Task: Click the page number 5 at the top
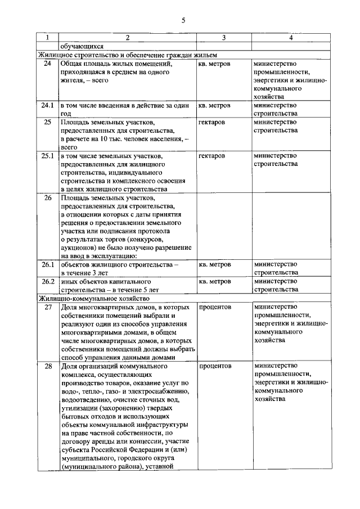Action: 183,21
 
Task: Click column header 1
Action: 48,38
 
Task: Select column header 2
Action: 127,38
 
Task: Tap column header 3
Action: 224,38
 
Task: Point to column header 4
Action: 290,38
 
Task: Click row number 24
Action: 48,64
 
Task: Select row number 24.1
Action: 48,105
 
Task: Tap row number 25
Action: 48,122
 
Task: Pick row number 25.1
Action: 48,156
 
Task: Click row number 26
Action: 48,198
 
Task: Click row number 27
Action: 48,307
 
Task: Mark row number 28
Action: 48,366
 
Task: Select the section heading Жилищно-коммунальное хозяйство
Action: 93,298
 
